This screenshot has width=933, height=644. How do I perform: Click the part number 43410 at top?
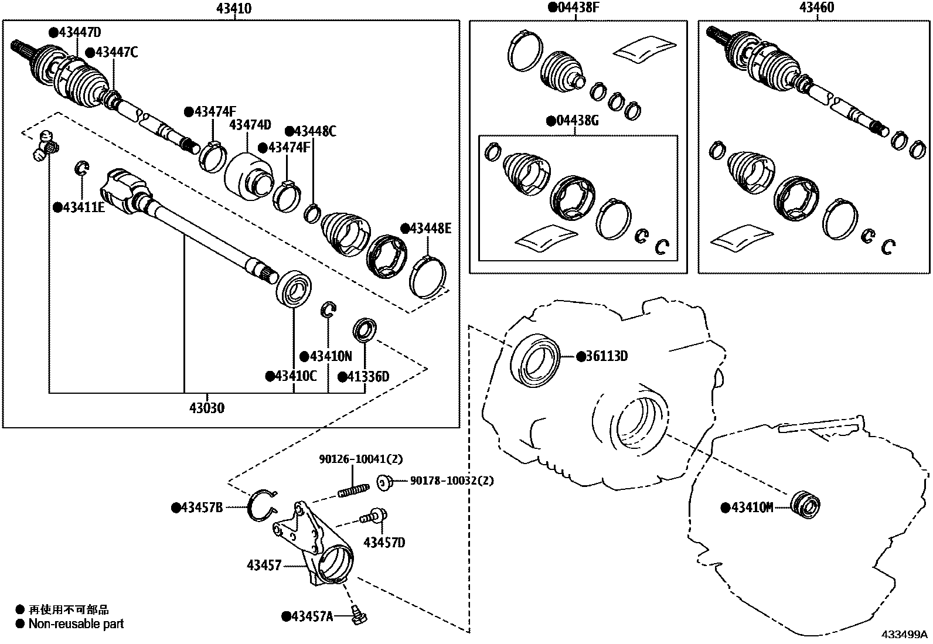pyautogui.click(x=234, y=8)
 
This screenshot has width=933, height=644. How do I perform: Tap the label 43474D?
pyautogui.click(x=250, y=125)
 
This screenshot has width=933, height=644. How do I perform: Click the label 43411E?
pyautogui.click(x=83, y=207)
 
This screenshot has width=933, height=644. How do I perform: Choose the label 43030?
pyautogui.click(x=206, y=408)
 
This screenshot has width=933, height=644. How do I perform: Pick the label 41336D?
pyautogui.click(x=367, y=376)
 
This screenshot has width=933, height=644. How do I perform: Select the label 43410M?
pyautogui.click(x=752, y=507)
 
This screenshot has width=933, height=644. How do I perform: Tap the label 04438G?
pyautogui.click(x=577, y=121)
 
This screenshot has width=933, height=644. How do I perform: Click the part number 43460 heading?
pyautogui.click(x=817, y=8)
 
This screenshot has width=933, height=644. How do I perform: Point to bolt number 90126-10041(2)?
pyautogui.click(x=361, y=459)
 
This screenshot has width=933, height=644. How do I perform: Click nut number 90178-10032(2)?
pyautogui.click(x=451, y=481)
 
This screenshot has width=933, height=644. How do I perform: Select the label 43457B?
pyautogui.click(x=201, y=507)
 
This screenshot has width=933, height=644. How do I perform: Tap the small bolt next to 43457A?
pyautogui.click(x=357, y=615)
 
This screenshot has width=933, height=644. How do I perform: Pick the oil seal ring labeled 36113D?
pyautogui.click(x=536, y=360)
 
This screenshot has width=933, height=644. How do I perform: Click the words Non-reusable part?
pyautogui.click(x=76, y=624)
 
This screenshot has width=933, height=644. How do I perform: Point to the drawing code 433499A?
pyautogui.click(x=905, y=635)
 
